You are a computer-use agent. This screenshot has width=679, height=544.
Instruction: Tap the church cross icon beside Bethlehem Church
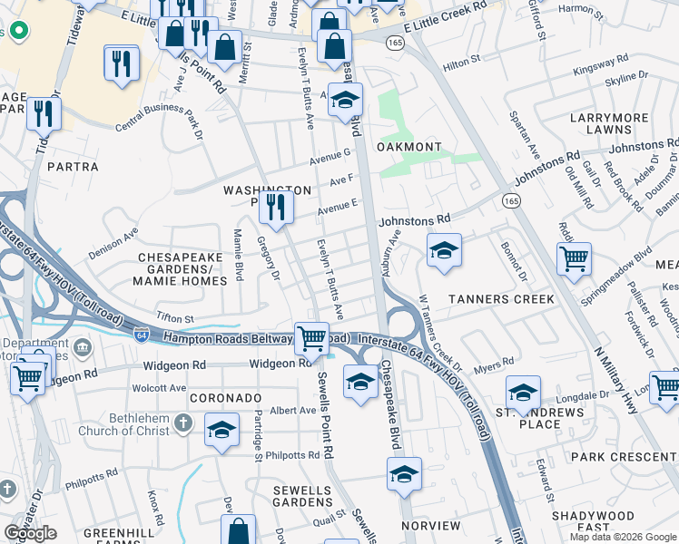pos(183,423)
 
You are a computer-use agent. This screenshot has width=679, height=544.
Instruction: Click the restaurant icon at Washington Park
pos(276,208)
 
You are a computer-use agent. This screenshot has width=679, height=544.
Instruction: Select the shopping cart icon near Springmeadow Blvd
pos(574,258)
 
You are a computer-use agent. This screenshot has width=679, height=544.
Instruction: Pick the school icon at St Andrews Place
pos(523,393)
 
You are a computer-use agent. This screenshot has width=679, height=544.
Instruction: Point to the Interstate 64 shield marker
pos(142,335)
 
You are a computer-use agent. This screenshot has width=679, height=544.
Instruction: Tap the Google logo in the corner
pos(31,533)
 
